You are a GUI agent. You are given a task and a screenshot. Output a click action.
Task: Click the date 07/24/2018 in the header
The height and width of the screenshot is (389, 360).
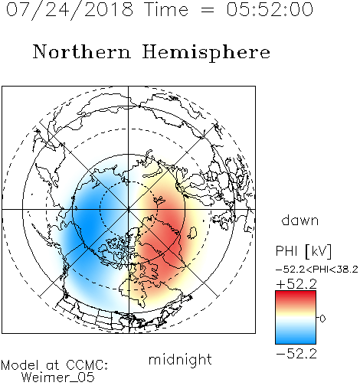[x=70, y=10]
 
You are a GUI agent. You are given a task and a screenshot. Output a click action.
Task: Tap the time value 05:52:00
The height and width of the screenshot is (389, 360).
[x=270, y=9]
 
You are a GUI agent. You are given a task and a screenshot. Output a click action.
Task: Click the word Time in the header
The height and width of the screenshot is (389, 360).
[x=166, y=9]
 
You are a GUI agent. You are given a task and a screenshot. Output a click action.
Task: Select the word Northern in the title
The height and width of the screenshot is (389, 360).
[x=82, y=51]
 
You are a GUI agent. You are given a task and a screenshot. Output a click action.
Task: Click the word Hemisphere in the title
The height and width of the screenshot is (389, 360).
[x=206, y=53]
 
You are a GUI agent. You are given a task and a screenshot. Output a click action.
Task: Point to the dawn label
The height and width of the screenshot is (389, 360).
[x=299, y=220]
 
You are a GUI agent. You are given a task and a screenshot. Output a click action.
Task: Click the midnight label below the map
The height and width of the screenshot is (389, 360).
[x=180, y=359]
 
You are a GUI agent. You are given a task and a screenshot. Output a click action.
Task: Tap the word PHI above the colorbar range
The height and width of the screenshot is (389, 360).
[x=286, y=251]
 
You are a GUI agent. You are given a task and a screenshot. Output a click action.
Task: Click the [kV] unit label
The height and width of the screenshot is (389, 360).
[x=318, y=251]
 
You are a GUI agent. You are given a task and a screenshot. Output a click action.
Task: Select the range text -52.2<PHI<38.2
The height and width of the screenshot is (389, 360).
[x=316, y=270]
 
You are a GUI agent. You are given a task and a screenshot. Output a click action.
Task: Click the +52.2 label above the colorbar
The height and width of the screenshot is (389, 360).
[x=296, y=284]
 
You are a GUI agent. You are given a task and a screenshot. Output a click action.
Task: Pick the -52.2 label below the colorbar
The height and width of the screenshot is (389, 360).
[x=296, y=354]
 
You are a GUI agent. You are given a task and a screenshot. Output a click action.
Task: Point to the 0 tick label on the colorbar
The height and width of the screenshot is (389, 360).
[x=322, y=319]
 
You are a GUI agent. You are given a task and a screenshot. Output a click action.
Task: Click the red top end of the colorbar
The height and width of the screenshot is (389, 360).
[x=296, y=293]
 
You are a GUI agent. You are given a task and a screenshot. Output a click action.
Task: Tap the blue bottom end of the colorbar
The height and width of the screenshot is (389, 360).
[x=296, y=342]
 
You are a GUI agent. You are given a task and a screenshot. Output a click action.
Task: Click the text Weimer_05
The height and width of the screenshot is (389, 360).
[x=58, y=378]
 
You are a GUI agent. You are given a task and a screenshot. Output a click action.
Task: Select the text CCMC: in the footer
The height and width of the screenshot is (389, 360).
[x=87, y=365]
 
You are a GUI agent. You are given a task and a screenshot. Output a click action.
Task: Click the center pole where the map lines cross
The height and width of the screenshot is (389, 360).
[x=129, y=209]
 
